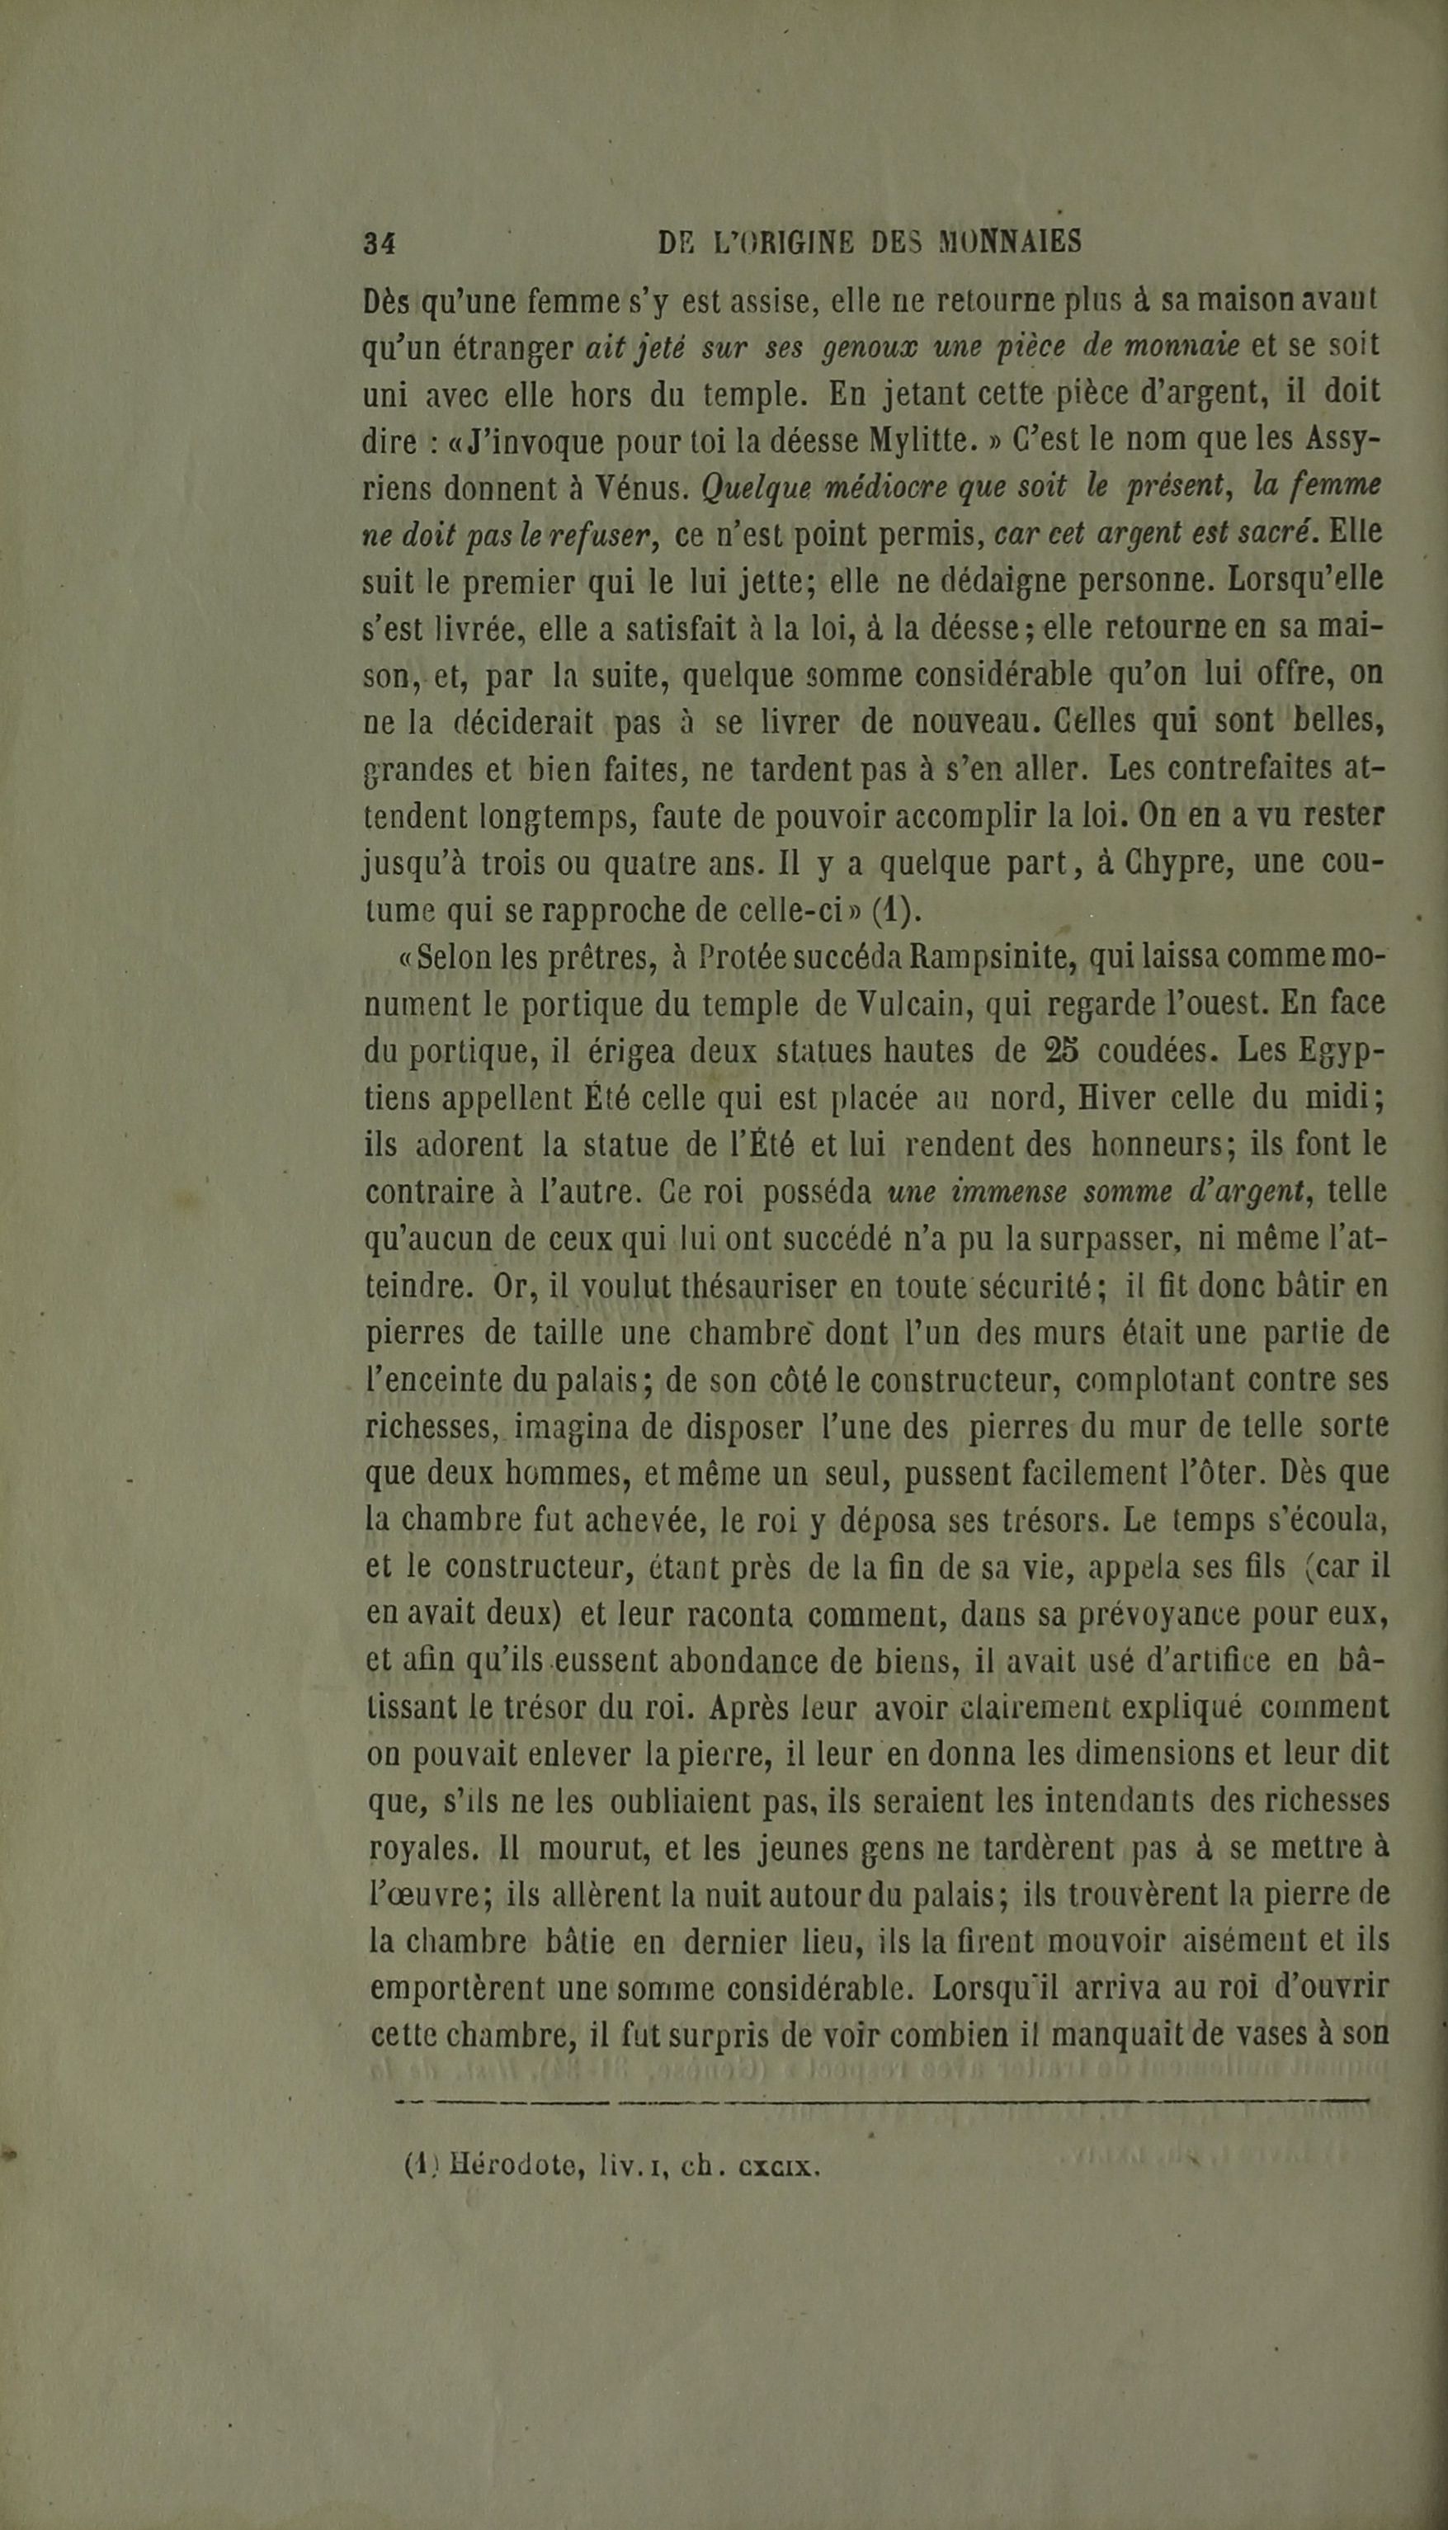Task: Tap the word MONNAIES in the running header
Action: click(1008, 242)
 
